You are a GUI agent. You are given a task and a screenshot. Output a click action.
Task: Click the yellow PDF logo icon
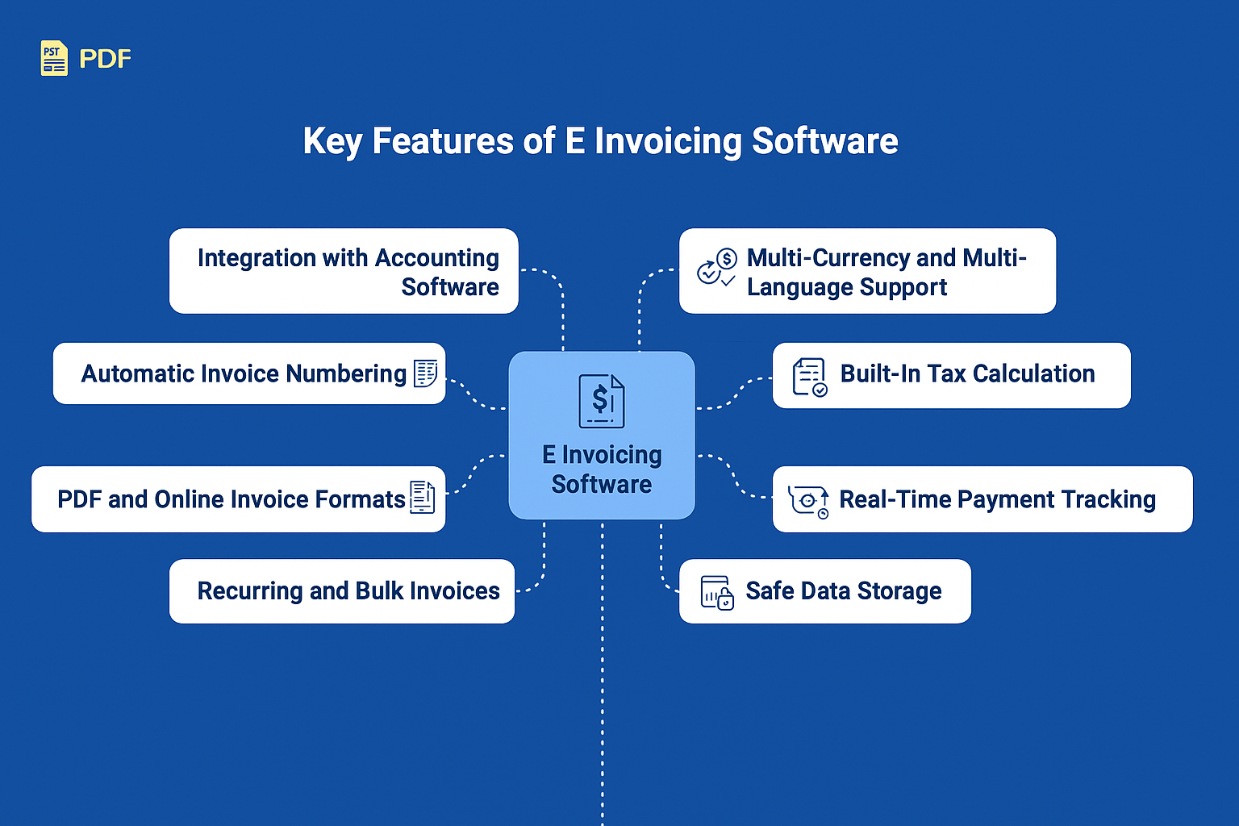pyautogui.click(x=54, y=58)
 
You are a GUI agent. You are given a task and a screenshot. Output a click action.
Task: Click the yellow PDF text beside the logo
pyautogui.click(x=105, y=59)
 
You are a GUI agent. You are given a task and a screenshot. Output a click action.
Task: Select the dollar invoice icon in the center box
pyautogui.click(x=602, y=401)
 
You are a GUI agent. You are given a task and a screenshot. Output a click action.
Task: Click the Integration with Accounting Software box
pyautogui.click(x=344, y=271)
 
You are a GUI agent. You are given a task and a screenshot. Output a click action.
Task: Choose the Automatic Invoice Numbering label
pyautogui.click(x=244, y=373)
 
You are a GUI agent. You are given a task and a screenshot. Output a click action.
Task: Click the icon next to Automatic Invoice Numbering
pyautogui.click(x=426, y=373)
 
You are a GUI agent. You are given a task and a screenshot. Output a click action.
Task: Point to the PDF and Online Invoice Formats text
pyautogui.click(x=231, y=499)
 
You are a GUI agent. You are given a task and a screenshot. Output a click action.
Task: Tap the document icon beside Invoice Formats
pyautogui.click(x=423, y=498)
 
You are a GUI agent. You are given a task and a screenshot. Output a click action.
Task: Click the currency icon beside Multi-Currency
pyautogui.click(x=716, y=269)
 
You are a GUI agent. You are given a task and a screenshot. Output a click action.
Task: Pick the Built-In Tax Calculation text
pyautogui.click(x=967, y=373)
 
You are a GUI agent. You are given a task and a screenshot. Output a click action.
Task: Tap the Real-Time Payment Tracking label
pyautogui.click(x=997, y=499)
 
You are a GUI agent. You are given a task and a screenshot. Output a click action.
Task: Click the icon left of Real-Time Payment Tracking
pyautogui.click(x=809, y=501)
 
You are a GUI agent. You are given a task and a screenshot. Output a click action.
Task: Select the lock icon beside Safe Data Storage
pyautogui.click(x=717, y=593)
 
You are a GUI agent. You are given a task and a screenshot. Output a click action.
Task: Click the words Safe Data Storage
pyautogui.click(x=843, y=591)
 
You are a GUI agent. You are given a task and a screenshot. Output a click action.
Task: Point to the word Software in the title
pyautogui.click(x=824, y=141)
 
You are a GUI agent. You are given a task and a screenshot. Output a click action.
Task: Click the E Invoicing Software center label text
pyautogui.click(x=602, y=469)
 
